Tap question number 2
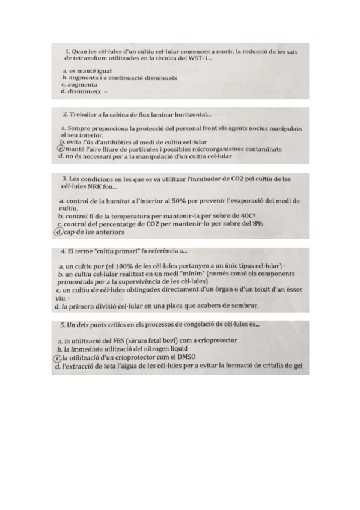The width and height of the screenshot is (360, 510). [65, 114]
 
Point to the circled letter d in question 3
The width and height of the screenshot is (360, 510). [58, 232]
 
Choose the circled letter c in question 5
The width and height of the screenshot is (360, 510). [56, 357]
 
